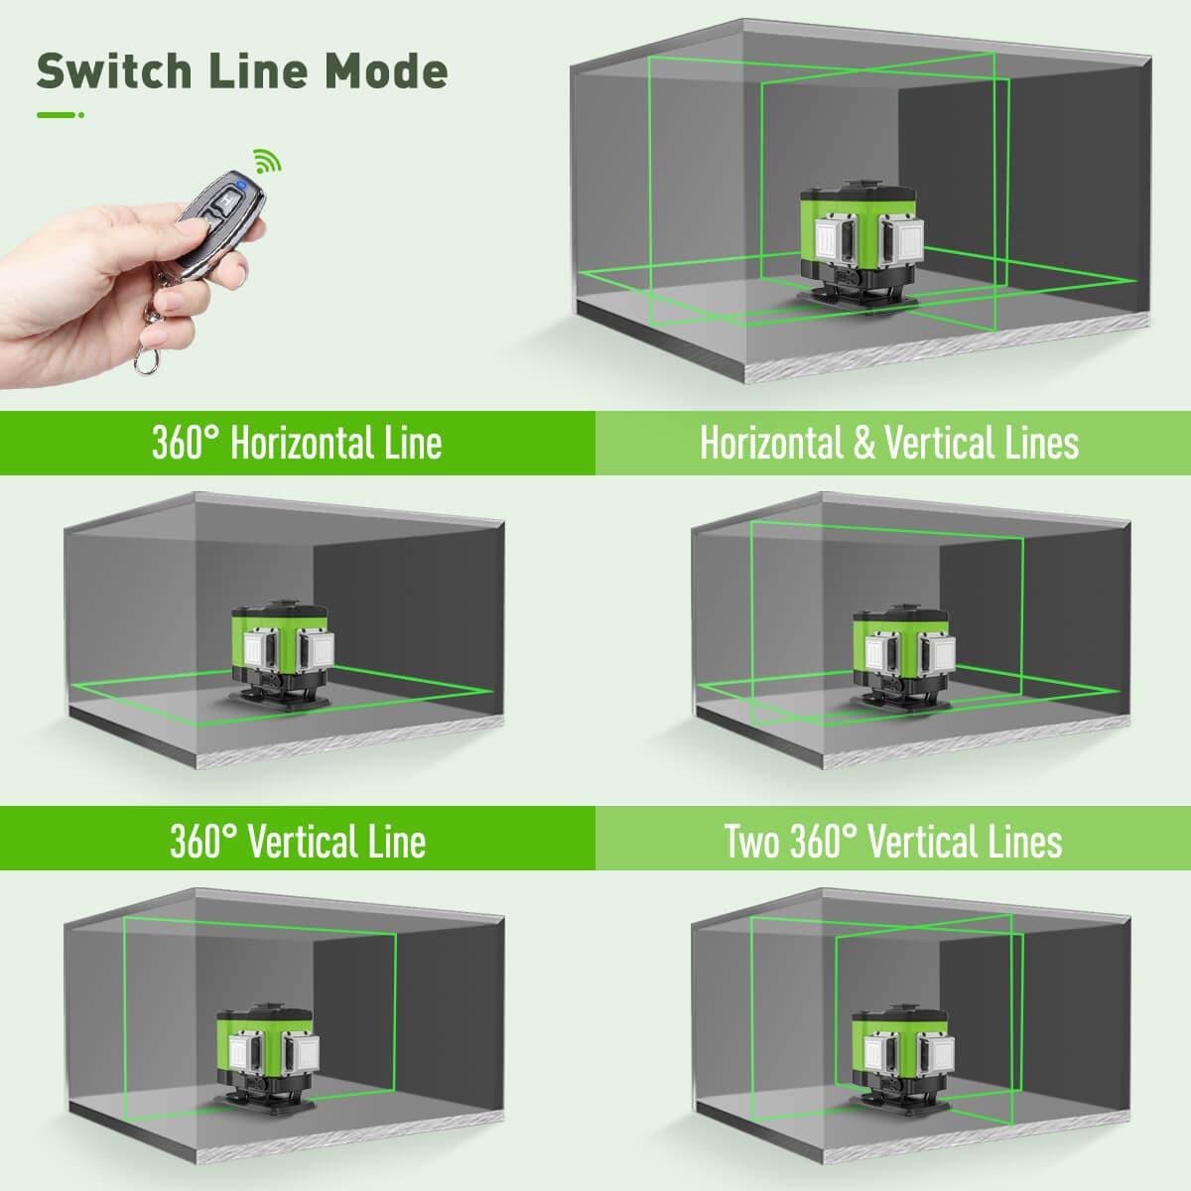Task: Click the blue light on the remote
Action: point(239,185)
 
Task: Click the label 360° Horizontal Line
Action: point(297,443)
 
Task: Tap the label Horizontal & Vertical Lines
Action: point(889,443)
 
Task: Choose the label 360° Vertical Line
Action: point(297,842)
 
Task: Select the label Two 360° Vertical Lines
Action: point(892,842)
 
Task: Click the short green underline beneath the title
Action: point(57,115)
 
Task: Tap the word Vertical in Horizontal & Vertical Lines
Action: point(933,443)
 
